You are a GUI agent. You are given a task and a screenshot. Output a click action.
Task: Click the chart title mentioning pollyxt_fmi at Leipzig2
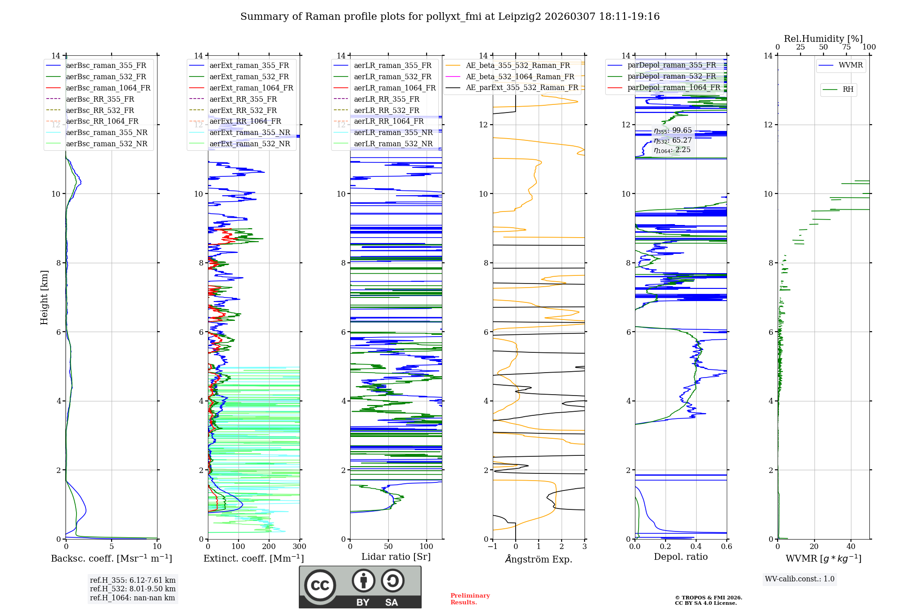pos(450,17)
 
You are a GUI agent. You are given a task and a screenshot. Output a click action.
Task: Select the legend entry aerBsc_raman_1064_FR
pos(108,88)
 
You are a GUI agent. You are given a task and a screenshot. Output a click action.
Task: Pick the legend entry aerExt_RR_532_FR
pos(243,110)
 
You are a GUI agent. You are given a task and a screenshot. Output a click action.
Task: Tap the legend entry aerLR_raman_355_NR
pos(393,132)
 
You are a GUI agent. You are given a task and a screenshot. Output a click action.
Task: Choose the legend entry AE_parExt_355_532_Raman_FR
pos(522,87)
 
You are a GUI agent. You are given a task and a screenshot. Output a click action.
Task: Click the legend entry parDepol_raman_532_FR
pos(671,76)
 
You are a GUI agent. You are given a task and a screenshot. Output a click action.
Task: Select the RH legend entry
pos(848,90)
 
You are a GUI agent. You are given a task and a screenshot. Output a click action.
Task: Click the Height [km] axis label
pos(44,297)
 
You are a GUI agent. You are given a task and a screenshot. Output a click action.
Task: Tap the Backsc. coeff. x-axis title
pos(112,558)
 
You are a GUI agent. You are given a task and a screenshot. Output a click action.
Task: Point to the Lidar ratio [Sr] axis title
pos(396,557)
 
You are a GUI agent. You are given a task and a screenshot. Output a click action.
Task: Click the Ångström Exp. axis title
pos(539,559)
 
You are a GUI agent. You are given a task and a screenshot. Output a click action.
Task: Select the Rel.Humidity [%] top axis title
pos(823,39)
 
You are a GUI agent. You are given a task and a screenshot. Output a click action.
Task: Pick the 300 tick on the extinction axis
pos(299,547)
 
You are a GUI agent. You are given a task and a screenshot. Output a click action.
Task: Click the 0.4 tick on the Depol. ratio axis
pos(696,547)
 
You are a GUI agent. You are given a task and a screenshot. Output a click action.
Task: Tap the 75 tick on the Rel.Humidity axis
pos(846,47)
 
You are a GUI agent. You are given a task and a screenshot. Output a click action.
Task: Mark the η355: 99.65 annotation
pos(673,130)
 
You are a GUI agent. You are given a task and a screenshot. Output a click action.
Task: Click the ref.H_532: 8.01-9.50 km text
pos(133,589)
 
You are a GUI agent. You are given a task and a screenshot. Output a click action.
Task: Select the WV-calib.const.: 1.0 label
pos(800,579)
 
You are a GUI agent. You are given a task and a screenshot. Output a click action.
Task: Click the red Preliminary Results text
pos(470,599)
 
